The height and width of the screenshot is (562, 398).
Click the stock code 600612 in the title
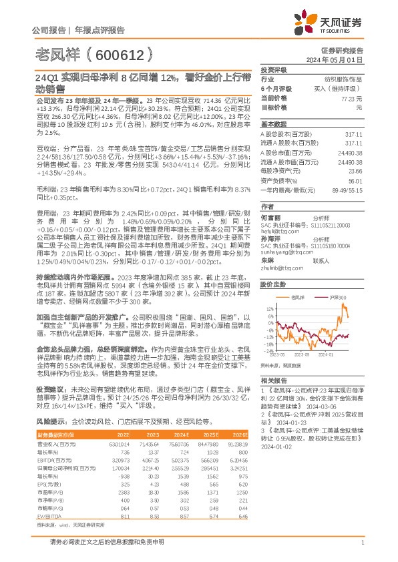click(119, 53)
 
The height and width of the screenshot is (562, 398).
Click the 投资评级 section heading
click(273, 69)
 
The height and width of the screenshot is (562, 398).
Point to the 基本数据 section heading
click(273, 125)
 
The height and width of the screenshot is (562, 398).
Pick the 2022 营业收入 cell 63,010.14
click(115, 426)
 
